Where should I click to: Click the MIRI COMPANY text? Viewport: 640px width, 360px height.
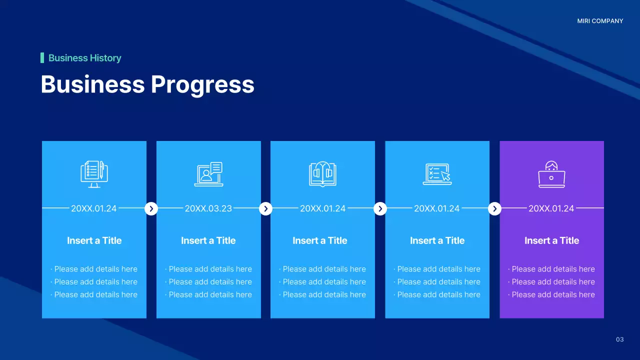[600, 21]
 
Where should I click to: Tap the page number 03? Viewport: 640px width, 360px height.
[619, 339]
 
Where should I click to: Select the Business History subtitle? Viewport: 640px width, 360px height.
[84, 58]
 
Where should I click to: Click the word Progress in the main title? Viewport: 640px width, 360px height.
[202, 84]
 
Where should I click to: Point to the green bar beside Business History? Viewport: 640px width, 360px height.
[42, 58]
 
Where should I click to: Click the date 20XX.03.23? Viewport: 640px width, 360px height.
[208, 208]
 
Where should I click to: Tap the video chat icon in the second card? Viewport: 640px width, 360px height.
[208, 174]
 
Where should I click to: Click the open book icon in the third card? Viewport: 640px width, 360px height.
[322, 174]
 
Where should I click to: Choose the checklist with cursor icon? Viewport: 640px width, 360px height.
[437, 174]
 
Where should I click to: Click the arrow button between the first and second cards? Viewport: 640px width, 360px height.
[151, 208]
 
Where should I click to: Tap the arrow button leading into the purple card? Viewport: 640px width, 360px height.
[494, 208]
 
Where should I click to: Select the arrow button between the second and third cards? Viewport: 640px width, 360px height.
[265, 208]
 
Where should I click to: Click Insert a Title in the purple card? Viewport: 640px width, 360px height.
[551, 240]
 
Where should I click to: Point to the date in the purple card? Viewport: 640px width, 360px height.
[551, 208]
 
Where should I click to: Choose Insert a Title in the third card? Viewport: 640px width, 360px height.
[320, 240]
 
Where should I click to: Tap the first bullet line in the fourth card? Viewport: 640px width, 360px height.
[438, 269]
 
